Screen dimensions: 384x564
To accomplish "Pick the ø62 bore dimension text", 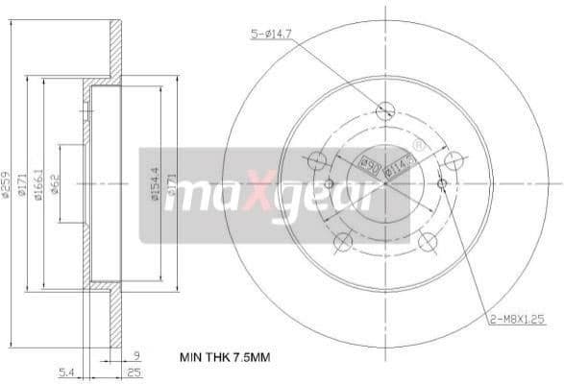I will pos(57,183).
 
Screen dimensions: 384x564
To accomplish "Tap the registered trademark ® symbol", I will pos(418,145).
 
